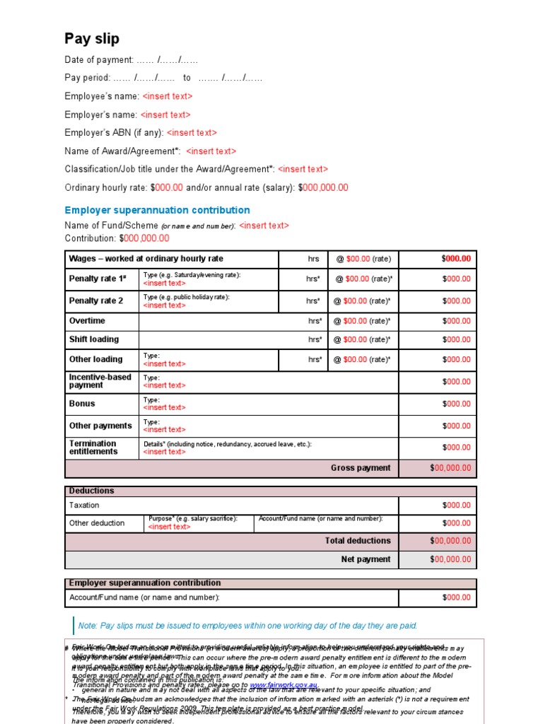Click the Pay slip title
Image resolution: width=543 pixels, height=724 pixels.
92,39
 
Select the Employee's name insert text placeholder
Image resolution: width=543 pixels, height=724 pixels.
168,96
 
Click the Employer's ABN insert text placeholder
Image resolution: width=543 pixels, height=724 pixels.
192,132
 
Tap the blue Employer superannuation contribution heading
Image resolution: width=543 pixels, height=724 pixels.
157,210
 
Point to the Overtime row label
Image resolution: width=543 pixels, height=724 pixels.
87,321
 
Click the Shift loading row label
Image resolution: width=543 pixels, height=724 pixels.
94,339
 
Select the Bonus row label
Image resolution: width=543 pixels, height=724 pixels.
82,404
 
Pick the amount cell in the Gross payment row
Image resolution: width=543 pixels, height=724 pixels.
450,468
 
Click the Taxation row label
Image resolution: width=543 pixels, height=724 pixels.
84,506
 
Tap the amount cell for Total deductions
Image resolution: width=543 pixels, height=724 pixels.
450,541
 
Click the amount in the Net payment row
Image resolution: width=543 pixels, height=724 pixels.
450,559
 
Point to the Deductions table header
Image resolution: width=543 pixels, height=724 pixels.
91,491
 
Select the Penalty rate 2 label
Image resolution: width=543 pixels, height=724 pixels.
96,300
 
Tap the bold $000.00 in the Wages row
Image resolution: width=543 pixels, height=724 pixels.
456,259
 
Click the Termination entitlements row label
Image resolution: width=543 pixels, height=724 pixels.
93,447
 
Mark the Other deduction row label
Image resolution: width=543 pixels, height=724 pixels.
97,523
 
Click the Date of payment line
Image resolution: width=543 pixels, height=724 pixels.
132,60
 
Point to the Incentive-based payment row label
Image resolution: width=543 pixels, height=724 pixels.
100,381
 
